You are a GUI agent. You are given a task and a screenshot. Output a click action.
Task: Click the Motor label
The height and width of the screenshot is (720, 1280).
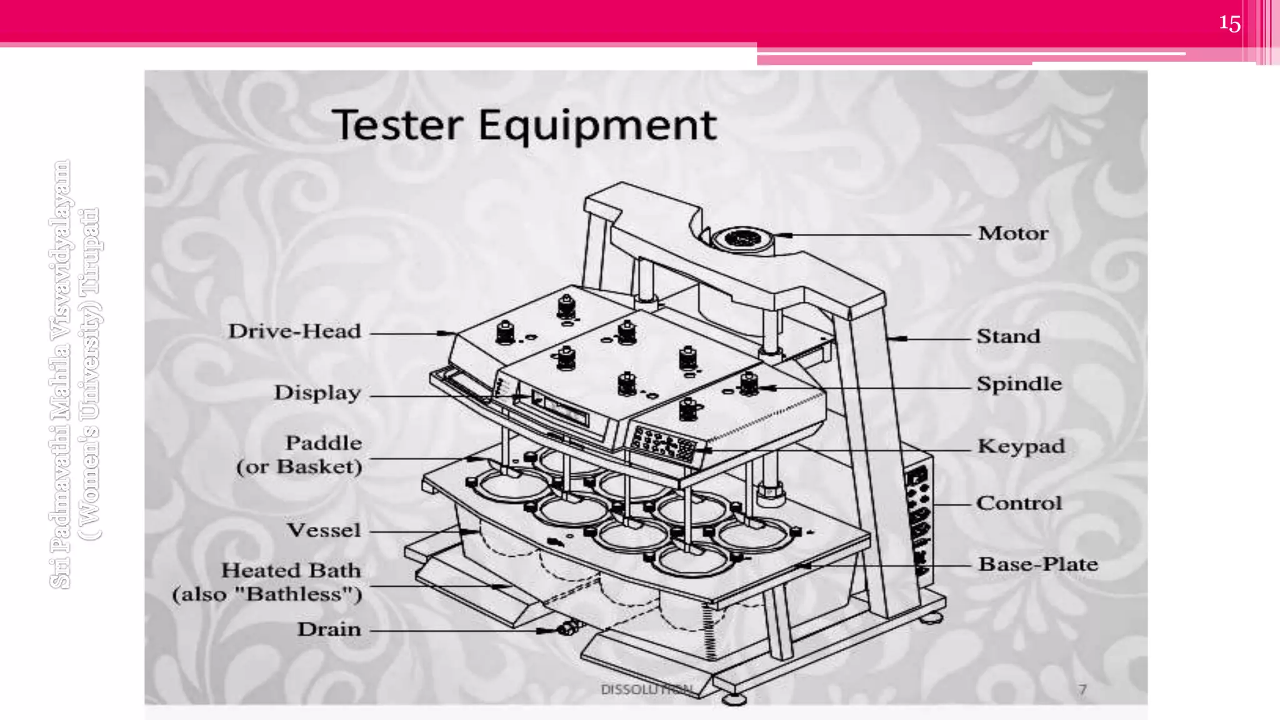point(1012,233)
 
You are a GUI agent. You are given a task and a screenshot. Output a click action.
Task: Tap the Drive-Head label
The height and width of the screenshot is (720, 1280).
point(294,331)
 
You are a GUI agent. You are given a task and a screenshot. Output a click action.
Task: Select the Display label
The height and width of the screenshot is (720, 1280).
point(317,392)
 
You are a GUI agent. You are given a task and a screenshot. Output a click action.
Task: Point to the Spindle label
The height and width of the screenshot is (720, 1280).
point(1019,384)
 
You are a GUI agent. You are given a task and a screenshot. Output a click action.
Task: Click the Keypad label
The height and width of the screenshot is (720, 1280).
point(1021,446)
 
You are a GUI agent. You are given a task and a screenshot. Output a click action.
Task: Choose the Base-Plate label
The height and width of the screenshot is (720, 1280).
point(1037,564)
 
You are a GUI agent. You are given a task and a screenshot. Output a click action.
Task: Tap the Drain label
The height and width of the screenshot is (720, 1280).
point(329,629)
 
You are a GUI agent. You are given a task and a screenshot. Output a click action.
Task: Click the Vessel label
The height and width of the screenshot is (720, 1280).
point(324,530)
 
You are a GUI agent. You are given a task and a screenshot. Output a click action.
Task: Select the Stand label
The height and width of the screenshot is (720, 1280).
point(1008,336)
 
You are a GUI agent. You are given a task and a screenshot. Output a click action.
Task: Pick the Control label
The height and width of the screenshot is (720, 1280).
point(1019,502)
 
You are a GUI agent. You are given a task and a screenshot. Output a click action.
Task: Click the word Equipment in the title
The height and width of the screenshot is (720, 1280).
point(597,126)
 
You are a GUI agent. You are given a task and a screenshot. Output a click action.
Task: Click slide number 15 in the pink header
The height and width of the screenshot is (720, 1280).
point(1229,24)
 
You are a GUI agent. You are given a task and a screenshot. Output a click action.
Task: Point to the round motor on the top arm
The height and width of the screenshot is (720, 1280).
point(741,238)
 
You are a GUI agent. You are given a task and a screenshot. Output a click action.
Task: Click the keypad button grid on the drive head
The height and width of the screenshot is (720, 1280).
point(663,443)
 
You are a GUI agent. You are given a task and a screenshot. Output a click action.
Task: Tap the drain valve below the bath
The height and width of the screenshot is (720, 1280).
point(566,627)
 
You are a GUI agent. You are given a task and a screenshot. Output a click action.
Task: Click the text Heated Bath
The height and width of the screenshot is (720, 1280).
point(291,570)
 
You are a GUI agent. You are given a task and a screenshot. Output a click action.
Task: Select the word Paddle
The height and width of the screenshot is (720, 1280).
point(323,442)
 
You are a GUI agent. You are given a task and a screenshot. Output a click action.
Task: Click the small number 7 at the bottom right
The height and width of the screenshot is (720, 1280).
point(1082,689)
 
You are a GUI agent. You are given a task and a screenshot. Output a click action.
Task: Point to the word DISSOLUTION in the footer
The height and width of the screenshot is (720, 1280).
point(646,689)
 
